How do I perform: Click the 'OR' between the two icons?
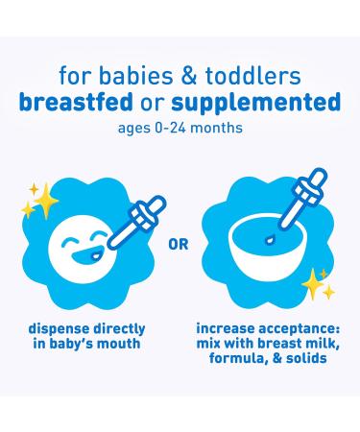[x=179, y=243]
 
